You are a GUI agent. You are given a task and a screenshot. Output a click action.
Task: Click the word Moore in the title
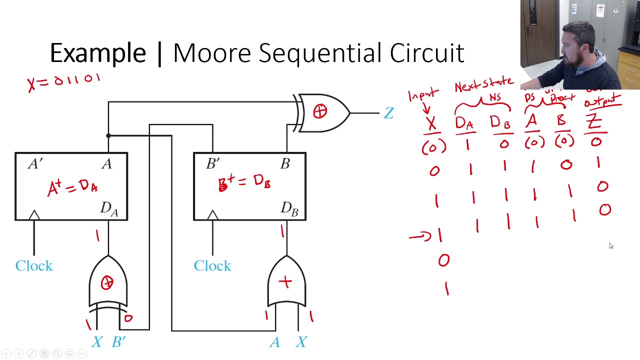click(212, 53)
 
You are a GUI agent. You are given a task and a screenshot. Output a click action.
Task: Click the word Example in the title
click(98, 53)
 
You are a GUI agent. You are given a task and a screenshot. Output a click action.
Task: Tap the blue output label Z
click(388, 113)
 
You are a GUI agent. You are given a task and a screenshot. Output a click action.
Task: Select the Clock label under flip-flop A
click(34, 265)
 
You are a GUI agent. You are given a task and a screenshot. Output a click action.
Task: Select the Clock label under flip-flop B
click(212, 265)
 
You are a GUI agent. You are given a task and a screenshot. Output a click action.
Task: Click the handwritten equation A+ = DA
click(72, 187)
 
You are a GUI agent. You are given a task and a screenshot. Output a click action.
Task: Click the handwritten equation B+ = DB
click(244, 182)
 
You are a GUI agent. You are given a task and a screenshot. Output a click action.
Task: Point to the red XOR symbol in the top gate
click(320, 112)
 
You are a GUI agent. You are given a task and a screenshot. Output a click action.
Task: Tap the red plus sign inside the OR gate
click(285, 282)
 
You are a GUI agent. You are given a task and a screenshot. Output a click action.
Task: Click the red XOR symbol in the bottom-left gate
click(107, 283)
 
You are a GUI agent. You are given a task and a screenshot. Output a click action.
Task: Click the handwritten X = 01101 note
click(64, 81)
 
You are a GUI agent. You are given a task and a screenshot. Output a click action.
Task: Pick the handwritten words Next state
click(483, 84)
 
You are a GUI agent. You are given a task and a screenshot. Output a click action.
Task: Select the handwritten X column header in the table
click(431, 123)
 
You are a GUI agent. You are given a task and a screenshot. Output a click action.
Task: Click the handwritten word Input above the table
click(423, 95)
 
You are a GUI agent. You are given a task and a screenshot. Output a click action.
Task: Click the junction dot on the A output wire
click(108, 135)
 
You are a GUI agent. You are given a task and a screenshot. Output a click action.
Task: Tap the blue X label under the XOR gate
click(97, 342)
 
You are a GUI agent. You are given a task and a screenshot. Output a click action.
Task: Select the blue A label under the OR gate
click(274, 342)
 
